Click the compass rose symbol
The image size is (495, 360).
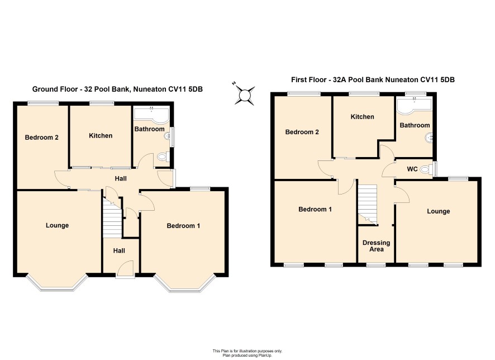point(245,94)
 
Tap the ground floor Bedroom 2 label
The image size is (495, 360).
point(42,138)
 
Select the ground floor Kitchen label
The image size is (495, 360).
point(101,135)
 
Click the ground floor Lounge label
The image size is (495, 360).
point(57,225)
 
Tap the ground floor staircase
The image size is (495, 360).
point(113,218)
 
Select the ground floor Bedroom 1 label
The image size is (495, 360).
point(183,225)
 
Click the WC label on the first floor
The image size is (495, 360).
point(412,169)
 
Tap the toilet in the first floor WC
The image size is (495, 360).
point(426,169)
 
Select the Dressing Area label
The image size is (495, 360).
point(377,246)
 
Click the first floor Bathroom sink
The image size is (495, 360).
point(429,138)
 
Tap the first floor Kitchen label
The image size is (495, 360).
point(363,116)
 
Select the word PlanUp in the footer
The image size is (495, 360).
point(264,356)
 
